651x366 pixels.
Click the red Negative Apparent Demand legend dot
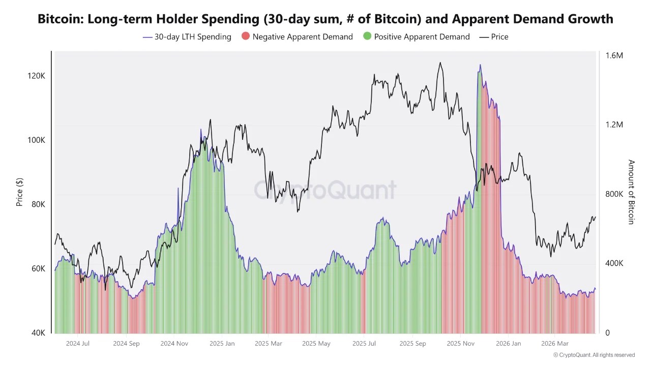tap(246, 37)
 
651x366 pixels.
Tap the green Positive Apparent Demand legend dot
tap(367, 37)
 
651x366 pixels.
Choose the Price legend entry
tap(493, 37)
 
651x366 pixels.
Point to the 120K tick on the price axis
tap(37, 76)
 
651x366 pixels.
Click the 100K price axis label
tap(37, 140)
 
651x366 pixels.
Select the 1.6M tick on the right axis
tap(614, 55)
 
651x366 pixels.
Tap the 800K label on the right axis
tap(613, 194)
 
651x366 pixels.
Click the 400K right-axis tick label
tap(613, 263)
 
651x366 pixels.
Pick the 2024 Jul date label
tap(78, 344)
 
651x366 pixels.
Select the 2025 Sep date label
tap(412, 344)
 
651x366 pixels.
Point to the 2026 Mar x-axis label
tap(555, 344)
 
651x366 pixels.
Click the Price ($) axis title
tap(20, 192)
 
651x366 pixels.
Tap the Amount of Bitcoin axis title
tap(631, 192)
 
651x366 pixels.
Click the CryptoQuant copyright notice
tap(594, 355)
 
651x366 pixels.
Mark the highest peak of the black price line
tap(440, 63)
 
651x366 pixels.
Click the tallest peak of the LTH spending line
tap(480, 65)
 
